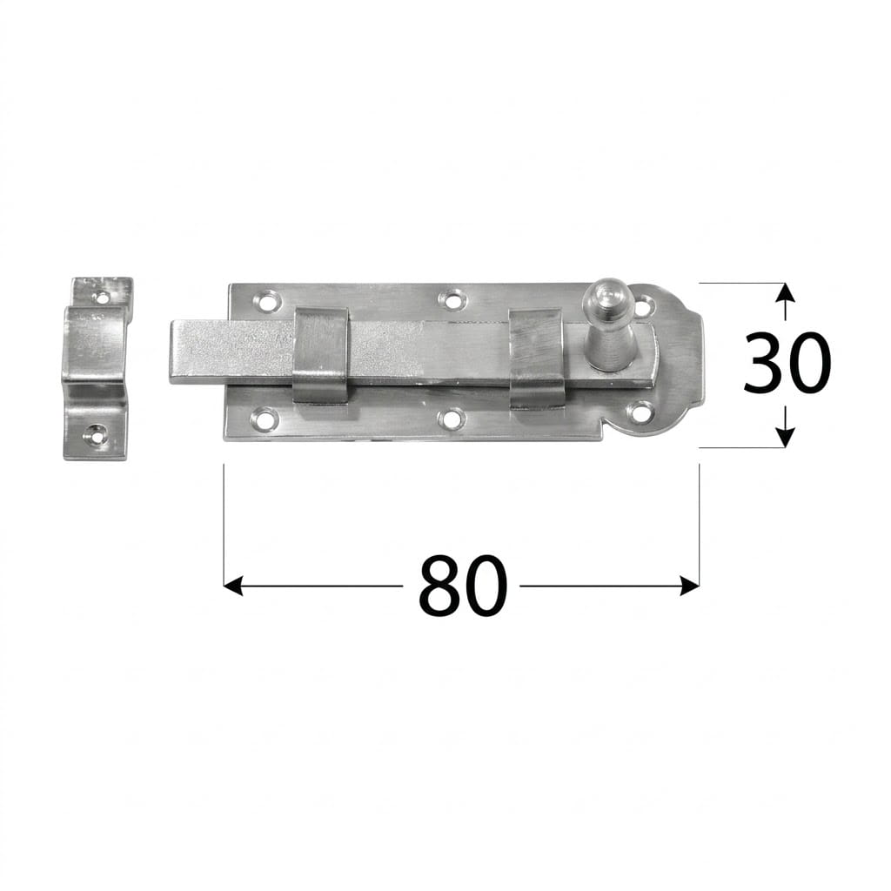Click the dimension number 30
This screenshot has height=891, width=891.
(x=787, y=364)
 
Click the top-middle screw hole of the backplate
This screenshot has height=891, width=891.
(x=452, y=299)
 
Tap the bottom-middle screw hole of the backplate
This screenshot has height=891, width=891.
(x=452, y=419)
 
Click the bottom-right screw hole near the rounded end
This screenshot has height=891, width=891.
(x=641, y=411)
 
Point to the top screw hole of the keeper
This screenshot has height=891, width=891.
(x=103, y=296)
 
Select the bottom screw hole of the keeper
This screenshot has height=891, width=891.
(x=94, y=433)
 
